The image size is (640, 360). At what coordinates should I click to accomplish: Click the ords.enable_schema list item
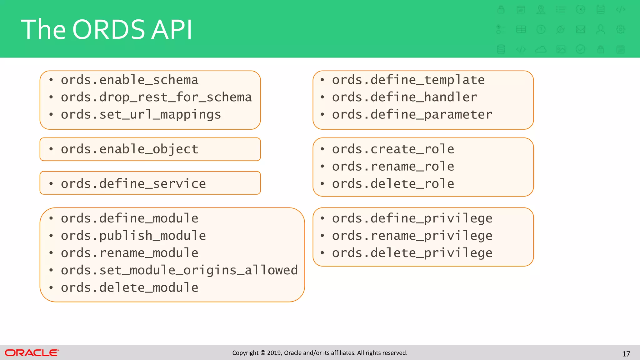129,80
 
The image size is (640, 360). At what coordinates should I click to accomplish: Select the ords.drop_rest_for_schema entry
156,97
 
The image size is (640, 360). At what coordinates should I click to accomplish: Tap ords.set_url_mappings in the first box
141,115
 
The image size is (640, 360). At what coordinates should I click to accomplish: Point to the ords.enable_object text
129,149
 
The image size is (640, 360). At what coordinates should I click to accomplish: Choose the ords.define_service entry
133,184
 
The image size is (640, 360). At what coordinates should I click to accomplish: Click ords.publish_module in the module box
133,236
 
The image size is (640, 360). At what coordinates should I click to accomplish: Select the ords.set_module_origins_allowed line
179,270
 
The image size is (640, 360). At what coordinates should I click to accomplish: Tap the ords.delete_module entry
129,287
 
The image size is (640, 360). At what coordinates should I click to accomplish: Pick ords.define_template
408,80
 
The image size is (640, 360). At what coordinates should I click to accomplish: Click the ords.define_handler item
404,97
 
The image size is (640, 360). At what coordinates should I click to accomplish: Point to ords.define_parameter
412,115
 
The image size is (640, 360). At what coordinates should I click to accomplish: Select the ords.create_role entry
393,149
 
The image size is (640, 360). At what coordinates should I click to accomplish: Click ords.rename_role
393,167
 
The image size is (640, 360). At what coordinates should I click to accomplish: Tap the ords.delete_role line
393,184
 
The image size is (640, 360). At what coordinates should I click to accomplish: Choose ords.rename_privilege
412,236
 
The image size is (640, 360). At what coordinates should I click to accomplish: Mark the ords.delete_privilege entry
412,253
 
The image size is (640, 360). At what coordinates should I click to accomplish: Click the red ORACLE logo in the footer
32,353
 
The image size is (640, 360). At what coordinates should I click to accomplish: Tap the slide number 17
626,354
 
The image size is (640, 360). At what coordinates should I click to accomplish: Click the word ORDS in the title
109,30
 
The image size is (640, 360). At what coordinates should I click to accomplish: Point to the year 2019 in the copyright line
274,353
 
